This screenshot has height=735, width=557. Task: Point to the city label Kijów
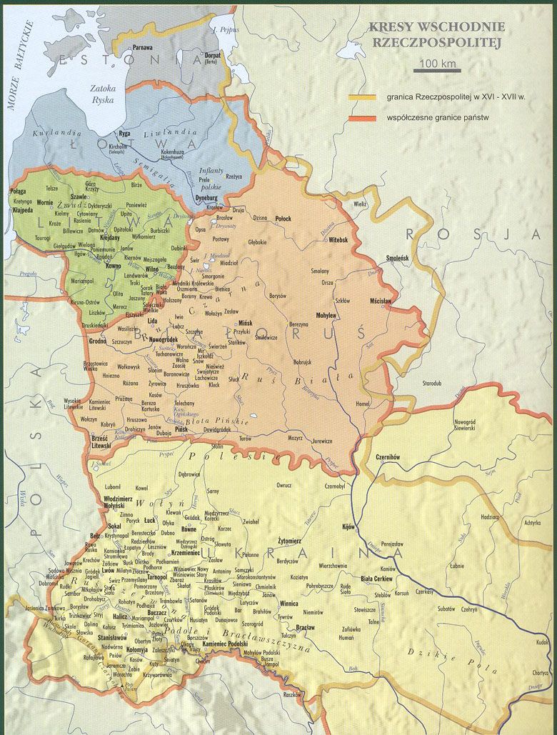coord(348,526)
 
